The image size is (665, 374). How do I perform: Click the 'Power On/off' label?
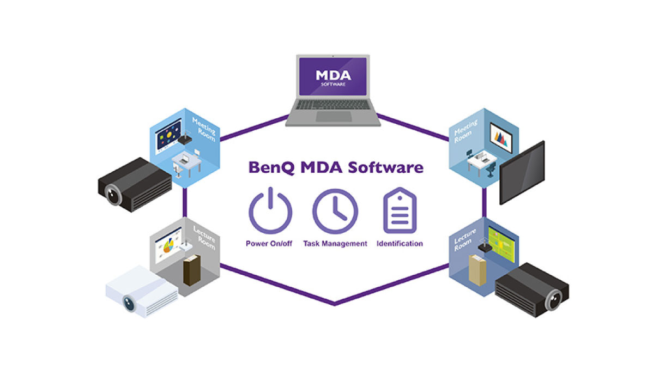pos(269,244)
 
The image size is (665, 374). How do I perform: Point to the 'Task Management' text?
pos(335,244)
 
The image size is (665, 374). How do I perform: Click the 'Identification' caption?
pos(400,244)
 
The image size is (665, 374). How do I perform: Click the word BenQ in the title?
pos(271,168)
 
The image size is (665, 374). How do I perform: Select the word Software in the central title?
pos(385,167)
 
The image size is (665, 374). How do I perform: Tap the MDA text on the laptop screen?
pos(333,75)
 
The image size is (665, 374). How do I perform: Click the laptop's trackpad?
pos(334,116)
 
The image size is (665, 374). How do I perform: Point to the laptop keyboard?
pos(334,105)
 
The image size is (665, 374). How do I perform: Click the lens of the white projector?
pos(129,303)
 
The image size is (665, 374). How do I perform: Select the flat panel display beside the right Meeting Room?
pos(522,172)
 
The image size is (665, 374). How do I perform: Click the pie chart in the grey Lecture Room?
pos(168,246)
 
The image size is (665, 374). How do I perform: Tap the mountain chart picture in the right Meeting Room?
pos(501,138)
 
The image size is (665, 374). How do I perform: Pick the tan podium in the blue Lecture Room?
pos(477,270)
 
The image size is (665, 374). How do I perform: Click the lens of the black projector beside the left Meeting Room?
pos(113,194)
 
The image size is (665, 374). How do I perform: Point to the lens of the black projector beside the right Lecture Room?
pos(553,300)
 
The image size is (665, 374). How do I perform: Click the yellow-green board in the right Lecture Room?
pos(501,244)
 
